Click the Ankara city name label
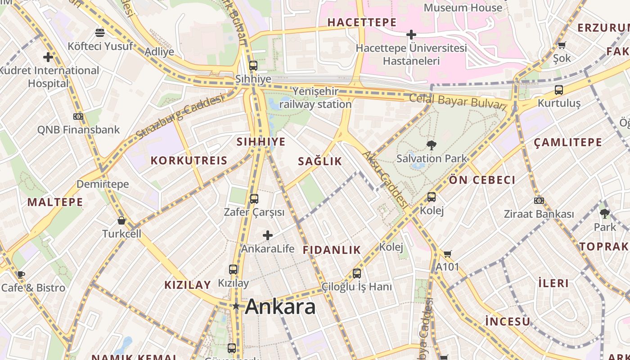[x=280, y=307]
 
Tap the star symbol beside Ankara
[x=236, y=306]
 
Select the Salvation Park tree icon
[x=432, y=145]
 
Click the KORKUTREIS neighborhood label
[x=189, y=161]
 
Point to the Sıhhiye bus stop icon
[x=253, y=66]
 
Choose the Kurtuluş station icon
[x=558, y=90]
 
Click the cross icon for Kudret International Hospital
[x=48, y=57]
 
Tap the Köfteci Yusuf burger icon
[x=100, y=32]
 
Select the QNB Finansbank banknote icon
[x=78, y=117]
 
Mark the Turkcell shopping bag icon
[x=121, y=220]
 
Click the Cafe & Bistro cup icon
[x=21, y=274]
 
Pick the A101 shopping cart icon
[x=447, y=254]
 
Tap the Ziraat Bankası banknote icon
[x=539, y=201]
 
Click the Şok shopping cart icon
[x=562, y=45]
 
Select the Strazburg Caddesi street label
[x=180, y=117]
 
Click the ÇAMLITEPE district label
[x=568, y=143]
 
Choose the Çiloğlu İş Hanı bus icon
[x=357, y=273]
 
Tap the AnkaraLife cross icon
[x=268, y=235]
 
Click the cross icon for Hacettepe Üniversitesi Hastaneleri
[x=411, y=34]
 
